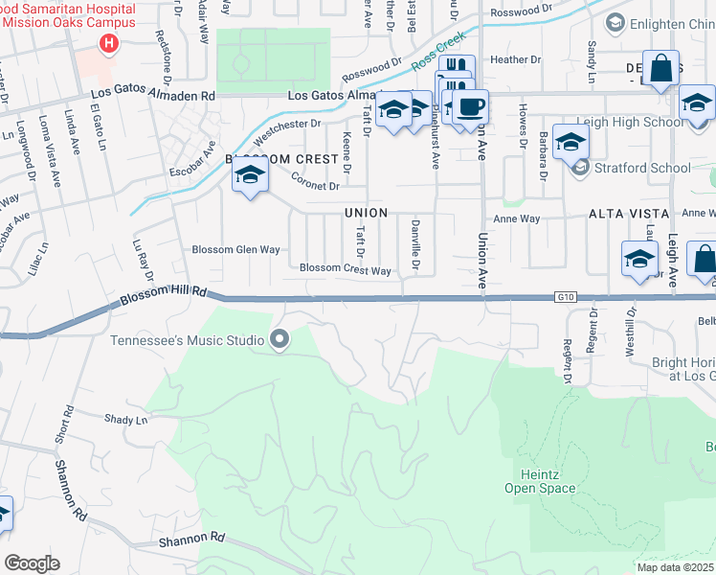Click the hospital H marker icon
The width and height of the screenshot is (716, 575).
pyautogui.click(x=109, y=44)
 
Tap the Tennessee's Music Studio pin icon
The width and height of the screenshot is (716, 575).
pyautogui.click(x=280, y=339)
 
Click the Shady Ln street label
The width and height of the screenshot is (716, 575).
pyautogui.click(x=127, y=420)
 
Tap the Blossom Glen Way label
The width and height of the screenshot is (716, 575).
pyautogui.click(x=235, y=250)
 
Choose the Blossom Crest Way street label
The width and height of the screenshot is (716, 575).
pyautogui.click(x=346, y=270)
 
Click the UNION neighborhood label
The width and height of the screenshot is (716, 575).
pyautogui.click(x=366, y=213)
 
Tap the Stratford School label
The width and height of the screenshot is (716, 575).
pyautogui.click(x=642, y=169)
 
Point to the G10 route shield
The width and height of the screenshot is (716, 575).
pyautogui.click(x=567, y=298)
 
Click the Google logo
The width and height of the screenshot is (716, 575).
pyautogui.click(x=32, y=563)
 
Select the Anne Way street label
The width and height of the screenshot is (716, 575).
pyautogui.click(x=517, y=218)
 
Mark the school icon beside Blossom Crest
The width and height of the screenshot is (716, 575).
pyautogui.click(x=250, y=174)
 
